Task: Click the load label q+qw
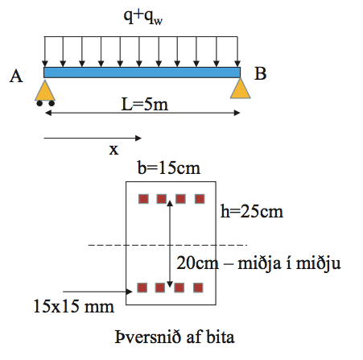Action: (143, 17)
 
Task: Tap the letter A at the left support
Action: (16, 76)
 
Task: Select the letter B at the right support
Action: (260, 73)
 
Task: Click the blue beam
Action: (142, 72)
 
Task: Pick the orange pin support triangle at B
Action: (241, 89)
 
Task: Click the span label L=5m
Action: (145, 104)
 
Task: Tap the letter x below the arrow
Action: (113, 149)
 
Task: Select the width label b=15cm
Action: (169, 168)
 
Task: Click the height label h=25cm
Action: (252, 211)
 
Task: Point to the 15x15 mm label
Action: (74, 306)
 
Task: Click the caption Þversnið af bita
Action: (175, 337)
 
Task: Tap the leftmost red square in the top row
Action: (143, 199)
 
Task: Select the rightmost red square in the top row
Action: (200, 199)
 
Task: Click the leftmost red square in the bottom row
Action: (142, 288)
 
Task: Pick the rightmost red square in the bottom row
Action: (198, 288)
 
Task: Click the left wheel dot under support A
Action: (39, 103)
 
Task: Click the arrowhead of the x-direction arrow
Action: (138, 139)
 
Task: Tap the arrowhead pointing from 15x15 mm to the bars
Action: (130, 292)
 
